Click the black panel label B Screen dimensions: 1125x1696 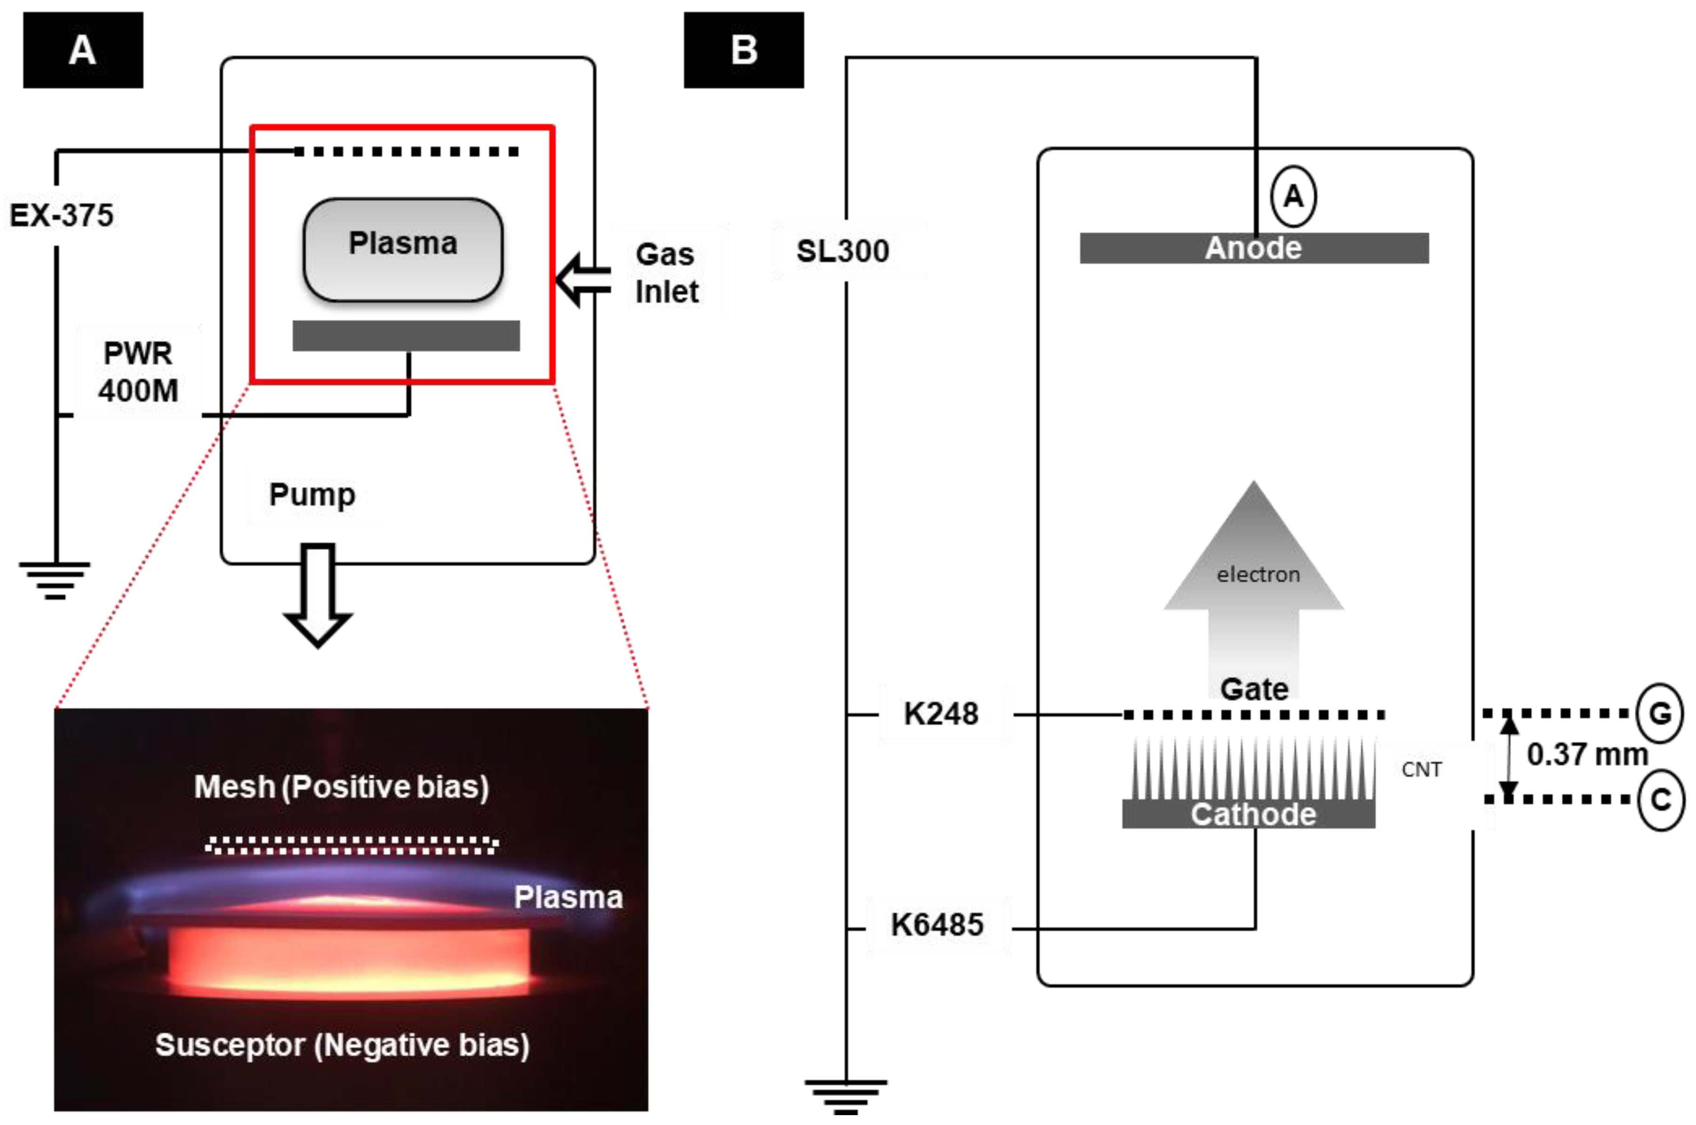[x=744, y=50]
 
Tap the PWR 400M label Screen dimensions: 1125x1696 [x=138, y=372]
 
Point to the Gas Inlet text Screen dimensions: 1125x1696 [x=666, y=273]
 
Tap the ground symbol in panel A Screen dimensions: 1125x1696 [x=55, y=580]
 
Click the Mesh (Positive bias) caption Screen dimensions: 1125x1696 [x=342, y=786]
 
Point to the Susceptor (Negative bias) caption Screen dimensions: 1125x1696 [x=342, y=1045]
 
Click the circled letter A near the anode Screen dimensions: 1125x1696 [x=1293, y=196]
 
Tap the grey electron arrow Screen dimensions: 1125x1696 [x=1254, y=574]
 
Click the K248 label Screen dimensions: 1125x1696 [x=941, y=714]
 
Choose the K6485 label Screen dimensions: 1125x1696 [x=937, y=924]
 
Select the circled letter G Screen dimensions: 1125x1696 [x=1659, y=713]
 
